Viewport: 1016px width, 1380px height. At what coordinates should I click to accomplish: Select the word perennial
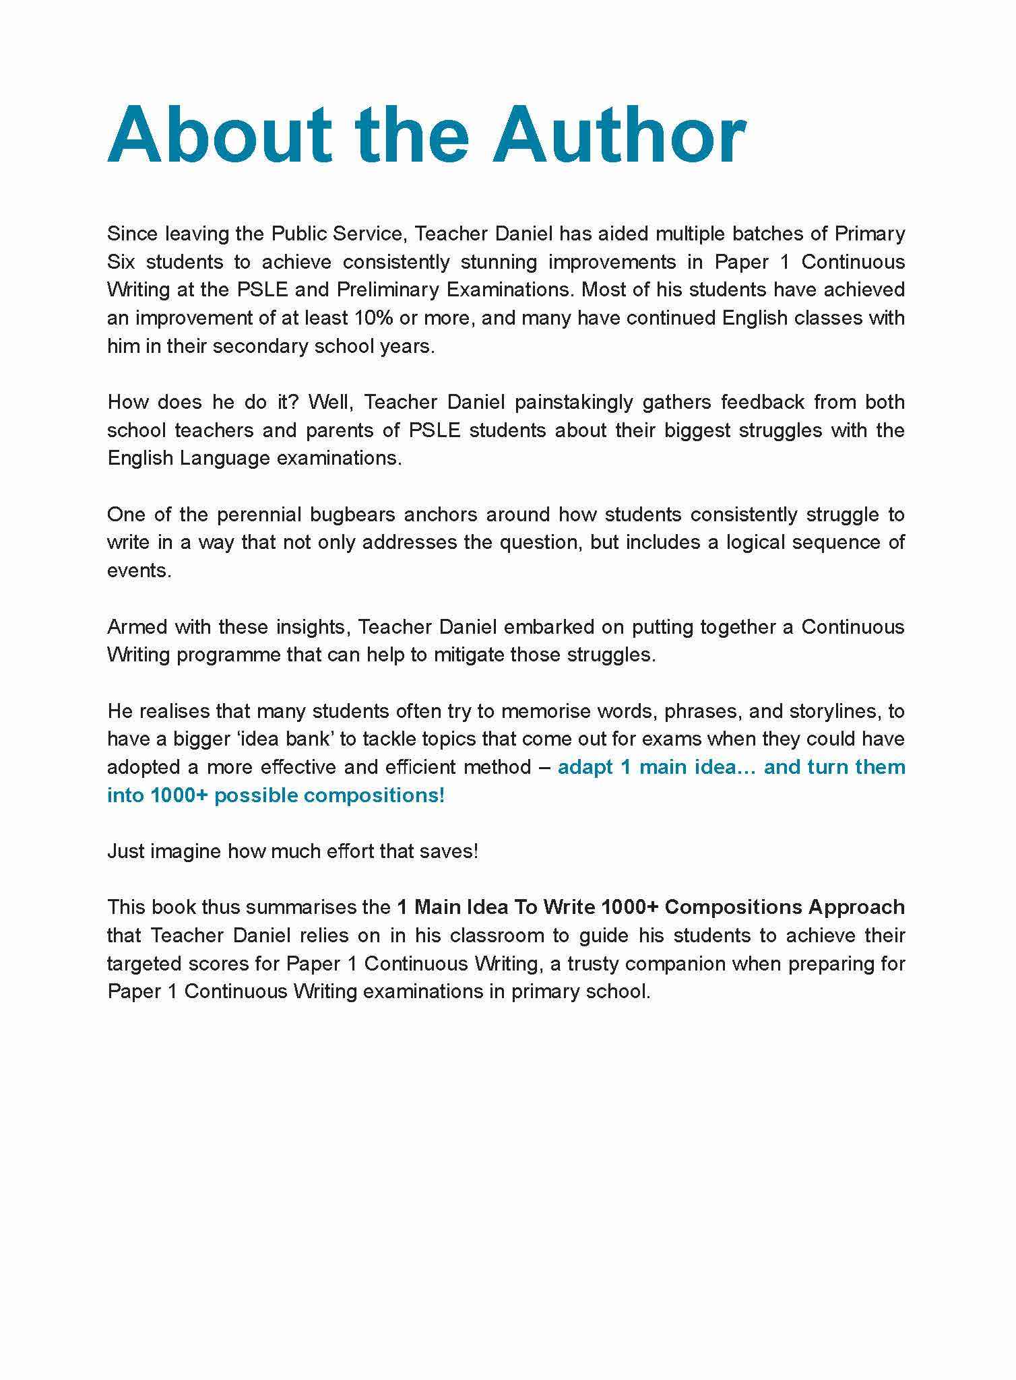pyautogui.click(x=259, y=515)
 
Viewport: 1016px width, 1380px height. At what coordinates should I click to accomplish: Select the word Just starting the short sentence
pyautogui.click(x=126, y=851)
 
